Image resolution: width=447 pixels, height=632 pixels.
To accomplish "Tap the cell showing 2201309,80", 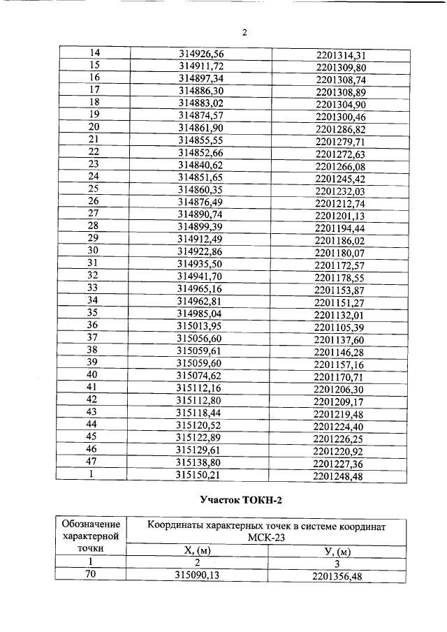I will (x=341, y=67).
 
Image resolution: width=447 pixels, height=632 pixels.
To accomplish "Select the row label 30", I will (x=92, y=251).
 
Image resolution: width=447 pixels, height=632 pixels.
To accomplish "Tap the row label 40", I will (x=91, y=375).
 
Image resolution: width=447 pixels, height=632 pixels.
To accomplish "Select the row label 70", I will (x=91, y=575).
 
